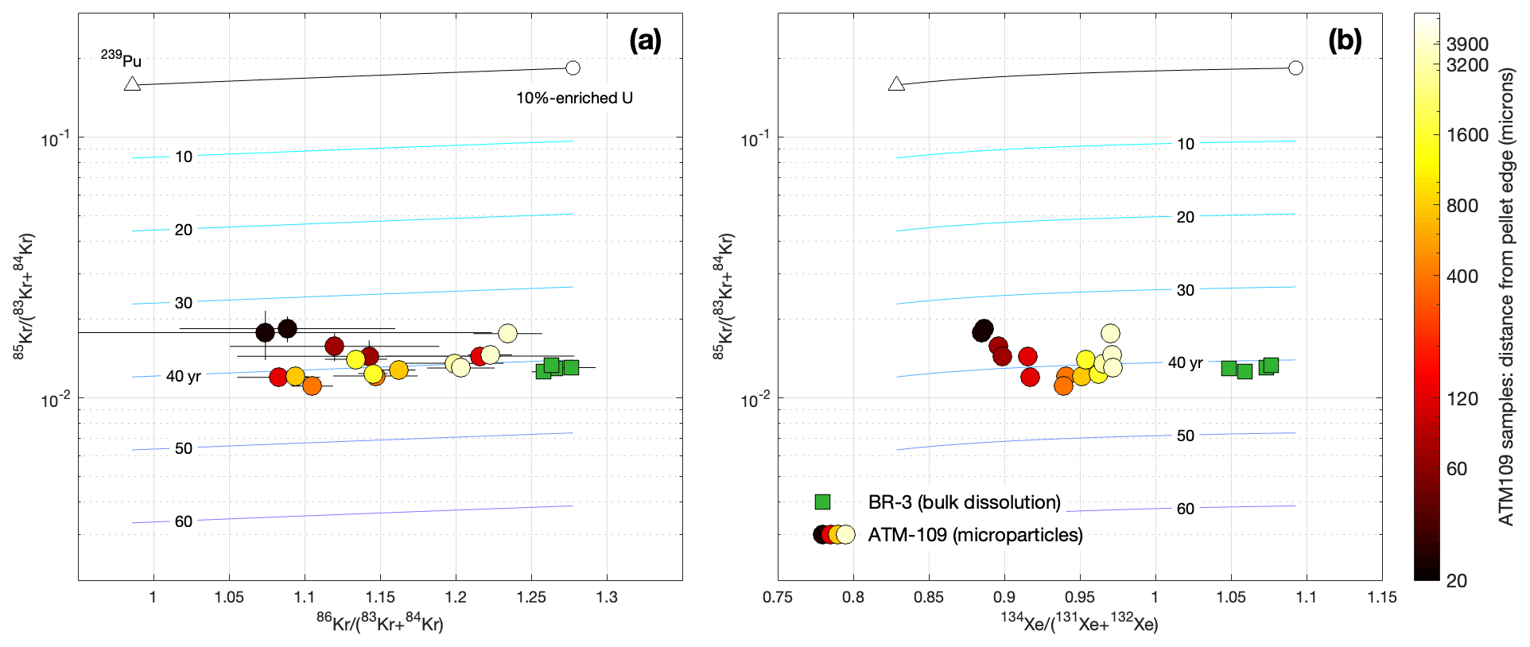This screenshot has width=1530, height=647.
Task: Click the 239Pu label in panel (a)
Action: point(121,60)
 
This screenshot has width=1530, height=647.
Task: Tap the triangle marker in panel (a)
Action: point(133,83)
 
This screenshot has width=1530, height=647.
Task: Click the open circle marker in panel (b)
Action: point(1295,68)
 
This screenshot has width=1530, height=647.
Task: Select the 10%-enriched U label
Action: point(574,99)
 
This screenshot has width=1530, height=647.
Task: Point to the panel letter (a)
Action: point(644,40)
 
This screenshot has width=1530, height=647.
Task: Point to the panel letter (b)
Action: point(1344,40)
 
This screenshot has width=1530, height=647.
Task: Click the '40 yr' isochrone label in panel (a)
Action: point(183,376)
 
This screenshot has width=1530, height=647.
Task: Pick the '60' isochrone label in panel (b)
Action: point(1185,509)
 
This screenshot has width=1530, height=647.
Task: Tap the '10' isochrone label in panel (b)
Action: point(1185,144)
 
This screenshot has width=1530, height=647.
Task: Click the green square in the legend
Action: point(823,502)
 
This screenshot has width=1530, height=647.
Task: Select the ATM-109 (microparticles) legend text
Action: point(975,535)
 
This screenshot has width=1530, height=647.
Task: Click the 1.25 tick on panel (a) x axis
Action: point(531,597)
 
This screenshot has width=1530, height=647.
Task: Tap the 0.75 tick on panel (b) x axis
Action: point(778,597)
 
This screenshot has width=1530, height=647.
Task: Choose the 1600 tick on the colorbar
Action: point(1467,135)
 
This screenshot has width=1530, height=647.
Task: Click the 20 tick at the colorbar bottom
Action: point(1456,581)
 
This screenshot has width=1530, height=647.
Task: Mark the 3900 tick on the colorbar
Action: point(1467,45)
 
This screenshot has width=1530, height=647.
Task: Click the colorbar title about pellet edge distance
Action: point(1506,296)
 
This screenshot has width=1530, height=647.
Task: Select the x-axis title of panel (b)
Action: point(1079,624)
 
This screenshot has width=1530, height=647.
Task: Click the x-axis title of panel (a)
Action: point(379,624)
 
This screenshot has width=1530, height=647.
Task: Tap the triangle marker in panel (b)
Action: point(896,83)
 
